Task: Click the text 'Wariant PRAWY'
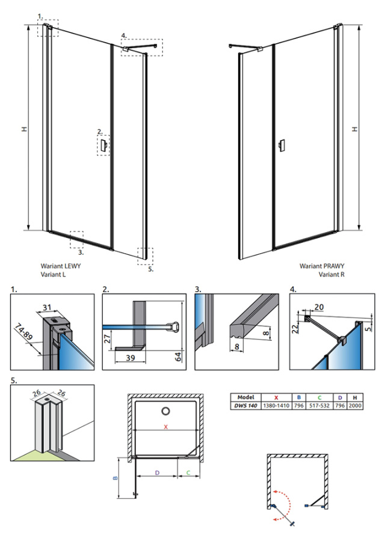[x=322, y=265]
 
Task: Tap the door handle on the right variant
[x=282, y=145]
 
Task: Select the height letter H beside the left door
[x=23, y=129]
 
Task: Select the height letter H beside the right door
[x=356, y=129]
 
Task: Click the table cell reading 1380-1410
[x=276, y=406]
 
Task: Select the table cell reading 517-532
[x=319, y=406]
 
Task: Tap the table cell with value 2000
[x=356, y=406]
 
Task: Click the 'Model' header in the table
[x=245, y=397]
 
